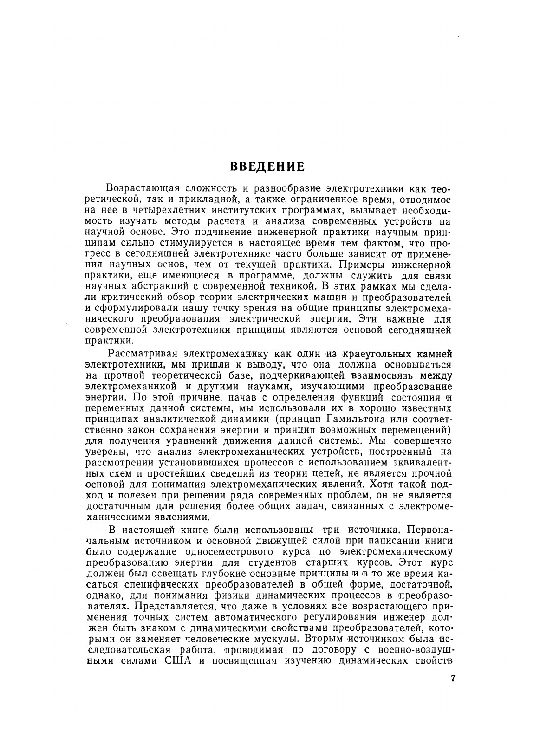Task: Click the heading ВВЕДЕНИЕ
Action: (x=268, y=166)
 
